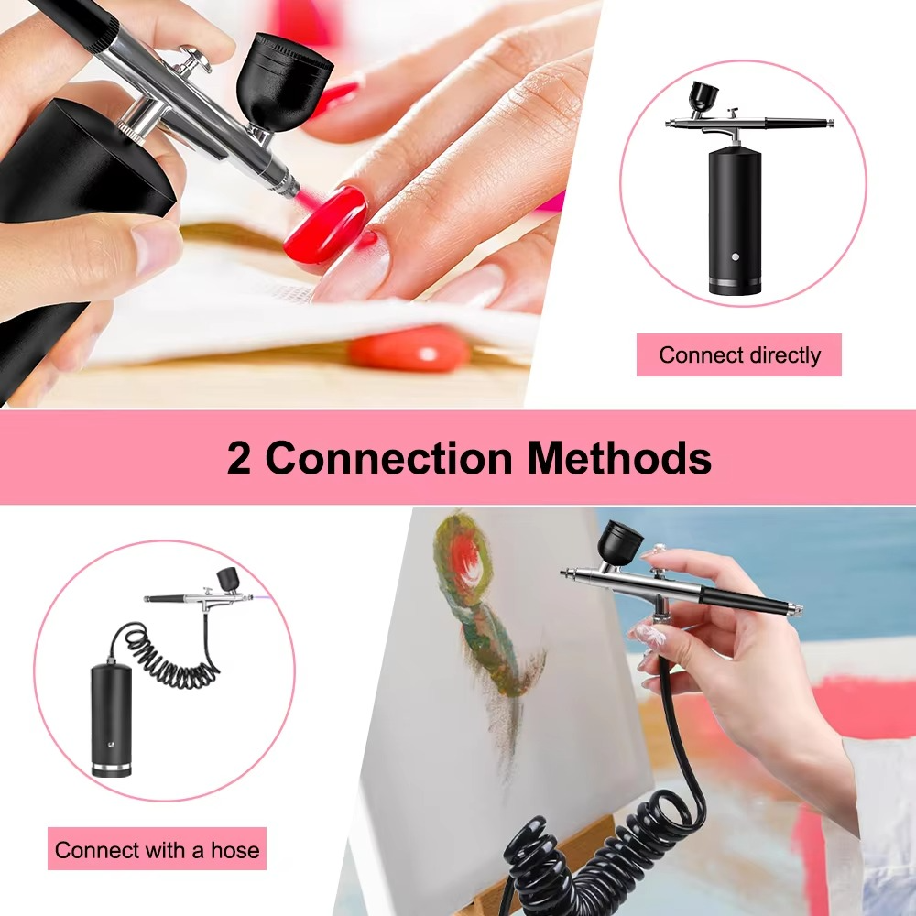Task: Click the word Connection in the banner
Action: pyautogui.click(x=388, y=457)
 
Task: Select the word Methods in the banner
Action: pyautogui.click(x=619, y=457)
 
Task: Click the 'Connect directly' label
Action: pyautogui.click(x=739, y=355)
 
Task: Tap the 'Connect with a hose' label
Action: pyautogui.click(x=157, y=850)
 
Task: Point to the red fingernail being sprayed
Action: pyautogui.click(x=326, y=224)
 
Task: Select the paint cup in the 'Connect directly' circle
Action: pyautogui.click(x=703, y=96)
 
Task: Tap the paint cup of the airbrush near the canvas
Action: pyautogui.click(x=619, y=542)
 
